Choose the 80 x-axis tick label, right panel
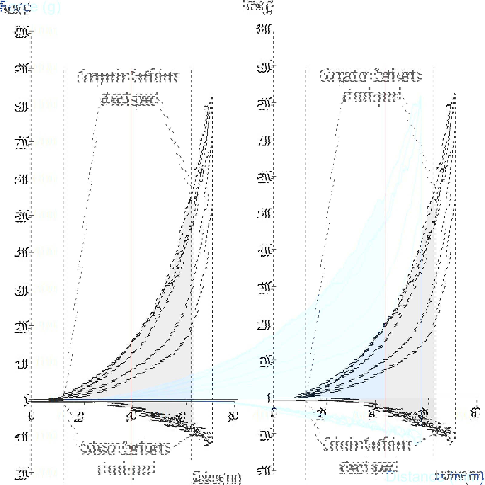click(x=475, y=413)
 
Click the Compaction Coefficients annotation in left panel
click(x=129, y=88)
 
